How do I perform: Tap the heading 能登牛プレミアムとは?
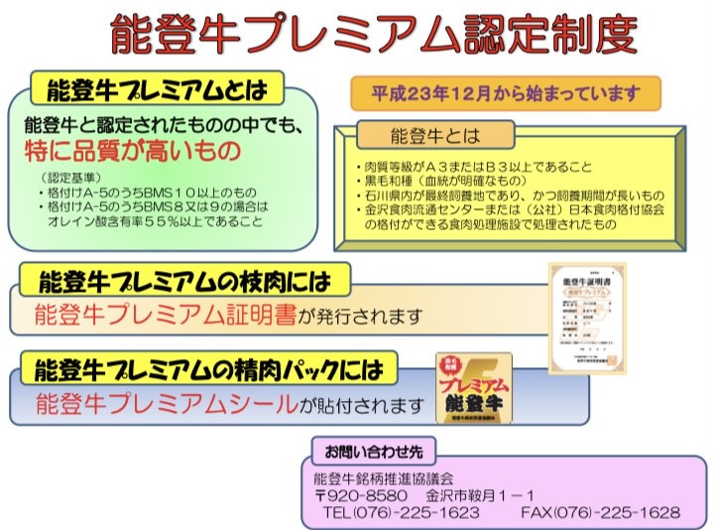[x=158, y=91]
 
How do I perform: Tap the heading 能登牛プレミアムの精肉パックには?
[x=207, y=371]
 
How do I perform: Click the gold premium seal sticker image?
[x=474, y=388]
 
